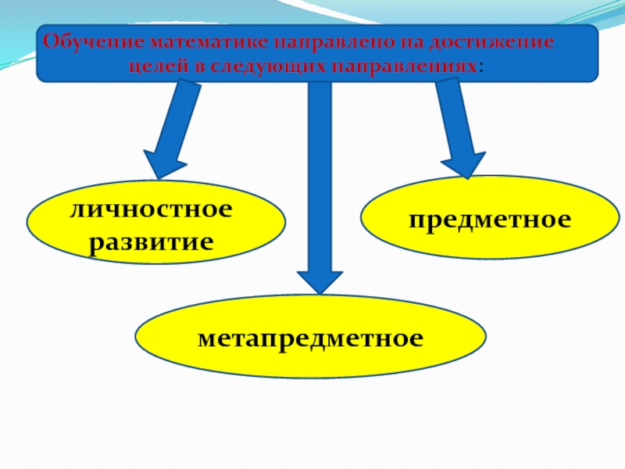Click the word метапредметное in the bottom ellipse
(x=310, y=338)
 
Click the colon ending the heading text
(x=480, y=66)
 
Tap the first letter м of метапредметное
(x=205, y=339)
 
